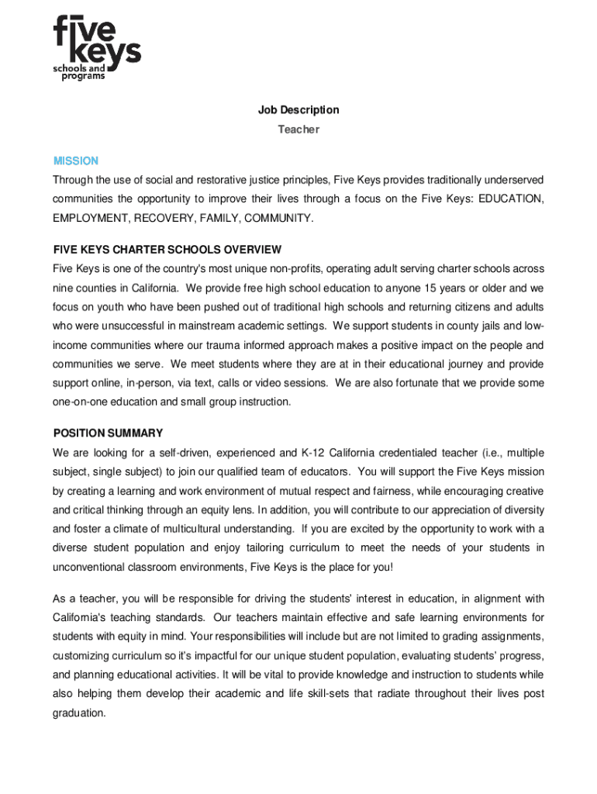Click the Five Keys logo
pyautogui.click(x=96, y=48)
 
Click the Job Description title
pyautogui.click(x=298, y=110)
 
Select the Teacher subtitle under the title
pyautogui.click(x=298, y=129)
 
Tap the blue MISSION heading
pyautogui.click(x=75, y=161)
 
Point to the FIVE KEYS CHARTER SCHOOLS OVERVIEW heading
pyautogui.click(x=167, y=250)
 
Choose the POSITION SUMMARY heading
pyautogui.click(x=108, y=433)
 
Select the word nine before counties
pyautogui.click(x=64, y=288)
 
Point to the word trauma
pyautogui.click(x=243, y=345)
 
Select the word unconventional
pyautogui.click(x=89, y=567)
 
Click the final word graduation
pyautogui.click(x=78, y=712)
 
